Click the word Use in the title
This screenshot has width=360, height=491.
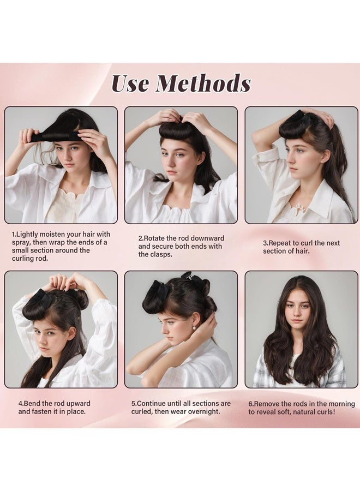tap(131, 83)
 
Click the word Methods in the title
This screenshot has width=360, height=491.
tap(203, 83)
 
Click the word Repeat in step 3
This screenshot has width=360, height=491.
tap(283, 243)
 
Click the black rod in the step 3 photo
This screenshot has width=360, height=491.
tap(297, 117)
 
